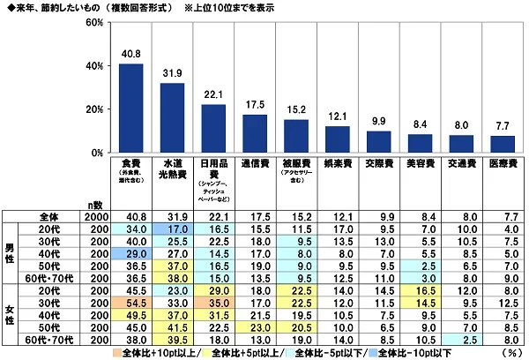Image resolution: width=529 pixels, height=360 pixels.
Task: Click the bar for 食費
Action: (131, 108)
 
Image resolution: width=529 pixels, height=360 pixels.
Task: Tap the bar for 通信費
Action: (255, 133)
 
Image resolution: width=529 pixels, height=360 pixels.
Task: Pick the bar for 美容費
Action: (420, 143)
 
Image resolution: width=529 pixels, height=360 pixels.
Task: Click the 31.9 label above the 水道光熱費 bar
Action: (173, 72)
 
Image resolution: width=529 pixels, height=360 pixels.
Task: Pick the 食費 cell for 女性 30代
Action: (131, 304)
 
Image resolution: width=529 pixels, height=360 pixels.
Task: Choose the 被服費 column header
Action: (296, 168)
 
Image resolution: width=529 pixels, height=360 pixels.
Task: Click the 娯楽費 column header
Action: (338, 164)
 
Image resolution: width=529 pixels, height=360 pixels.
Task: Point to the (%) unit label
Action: (510, 351)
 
